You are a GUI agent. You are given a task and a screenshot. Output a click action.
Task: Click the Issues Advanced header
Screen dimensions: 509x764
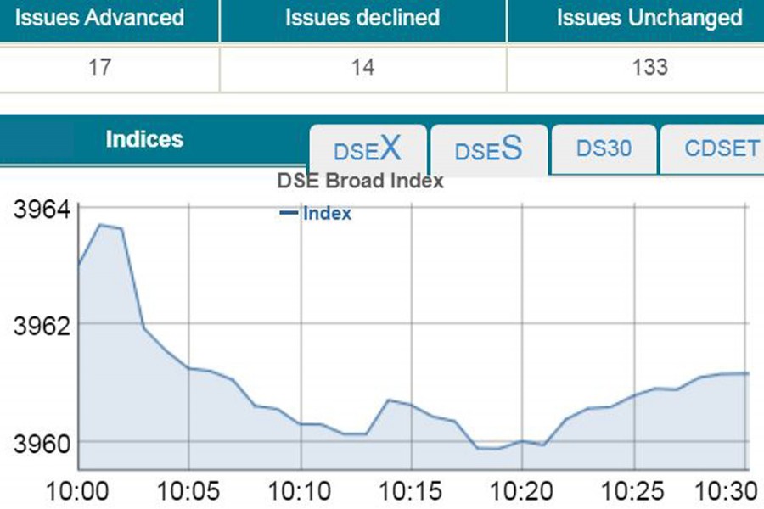tap(99, 18)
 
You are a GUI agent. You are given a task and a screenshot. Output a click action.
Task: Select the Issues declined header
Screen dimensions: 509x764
tap(362, 18)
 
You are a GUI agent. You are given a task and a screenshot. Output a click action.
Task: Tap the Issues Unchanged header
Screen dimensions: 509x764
tap(649, 18)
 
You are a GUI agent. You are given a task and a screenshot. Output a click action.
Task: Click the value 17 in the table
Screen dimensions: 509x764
tap(99, 67)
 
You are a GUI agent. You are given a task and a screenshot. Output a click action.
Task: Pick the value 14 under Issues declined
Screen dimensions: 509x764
tap(362, 67)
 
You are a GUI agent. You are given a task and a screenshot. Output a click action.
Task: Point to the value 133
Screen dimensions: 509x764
tap(649, 67)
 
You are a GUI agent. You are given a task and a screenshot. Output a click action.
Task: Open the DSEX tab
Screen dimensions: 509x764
tap(367, 150)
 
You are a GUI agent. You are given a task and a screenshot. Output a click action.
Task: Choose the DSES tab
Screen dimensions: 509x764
tap(488, 150)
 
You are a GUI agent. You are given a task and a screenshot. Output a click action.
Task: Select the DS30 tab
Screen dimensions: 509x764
tap(604, 148)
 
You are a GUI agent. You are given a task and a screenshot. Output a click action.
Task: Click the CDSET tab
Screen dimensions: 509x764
tap(722, 148)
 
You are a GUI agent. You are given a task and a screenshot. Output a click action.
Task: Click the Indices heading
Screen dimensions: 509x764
tap(144, 139)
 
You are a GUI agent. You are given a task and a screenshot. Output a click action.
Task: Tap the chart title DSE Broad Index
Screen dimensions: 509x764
tap(361, 181)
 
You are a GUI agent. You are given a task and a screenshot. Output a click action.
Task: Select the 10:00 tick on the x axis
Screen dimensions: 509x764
tap(78, 491)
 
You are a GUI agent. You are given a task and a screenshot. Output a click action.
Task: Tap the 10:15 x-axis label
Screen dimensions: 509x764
tap(411, 491)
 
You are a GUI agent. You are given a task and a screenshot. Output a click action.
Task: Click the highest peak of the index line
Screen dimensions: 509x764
tap(101, 225)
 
